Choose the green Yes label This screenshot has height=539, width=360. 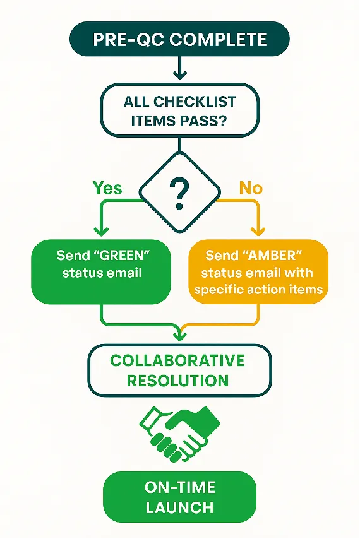pos(107,187)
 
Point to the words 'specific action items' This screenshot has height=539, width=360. pos(258,290)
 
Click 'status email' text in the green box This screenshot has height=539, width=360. pos(101,273)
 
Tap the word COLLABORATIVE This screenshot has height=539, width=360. pos(177,360)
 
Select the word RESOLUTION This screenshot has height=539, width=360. pos(177,381)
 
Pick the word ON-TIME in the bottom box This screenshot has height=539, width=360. pos(180,487)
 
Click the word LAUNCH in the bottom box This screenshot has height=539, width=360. pos(180,507)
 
